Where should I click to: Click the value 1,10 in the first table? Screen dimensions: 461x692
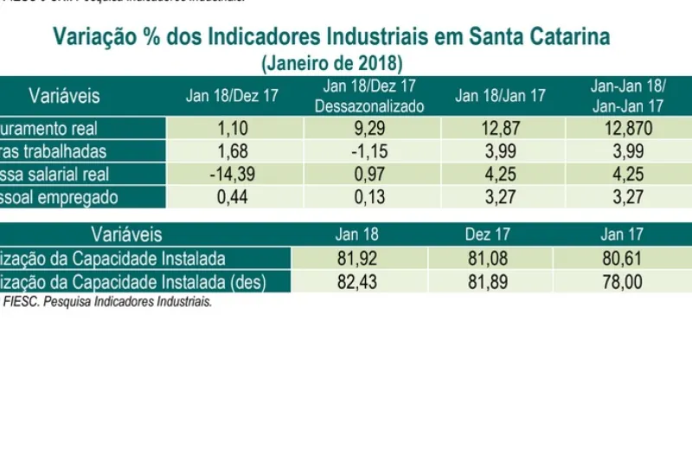(x=233, y=129)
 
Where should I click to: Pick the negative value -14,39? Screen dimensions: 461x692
(x=233, y=175)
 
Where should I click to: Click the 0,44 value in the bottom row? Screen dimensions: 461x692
(x=233, y=197)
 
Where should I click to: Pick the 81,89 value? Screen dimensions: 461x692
(x=489, y=282)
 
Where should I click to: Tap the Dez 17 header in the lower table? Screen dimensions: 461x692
(x=489, y=235)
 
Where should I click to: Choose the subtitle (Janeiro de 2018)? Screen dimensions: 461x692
(x=331, y=63)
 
